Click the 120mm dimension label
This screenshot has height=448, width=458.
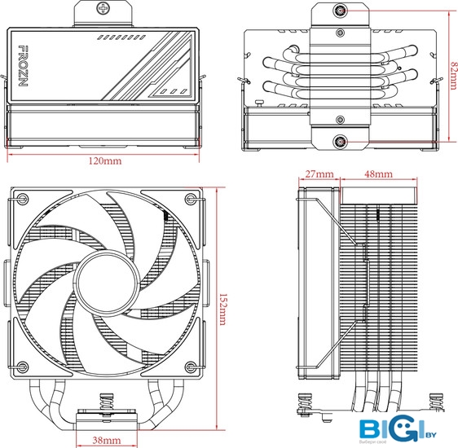tap(105, 160)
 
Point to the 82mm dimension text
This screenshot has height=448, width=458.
tap(454, 75)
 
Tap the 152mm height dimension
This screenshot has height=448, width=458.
tap(222, 310)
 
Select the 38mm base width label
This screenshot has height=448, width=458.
tap(106, 440)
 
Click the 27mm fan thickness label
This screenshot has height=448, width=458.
tap(319, 174)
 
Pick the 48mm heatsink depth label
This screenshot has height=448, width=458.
tap(379, 174)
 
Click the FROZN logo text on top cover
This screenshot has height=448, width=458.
tap(23, 66)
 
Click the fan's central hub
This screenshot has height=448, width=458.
tap(107, 283)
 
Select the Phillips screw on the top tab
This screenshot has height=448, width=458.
tap(103, 8)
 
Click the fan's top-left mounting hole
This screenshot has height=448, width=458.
tap(23, 199)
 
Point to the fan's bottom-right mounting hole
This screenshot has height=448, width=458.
tap(191, 367)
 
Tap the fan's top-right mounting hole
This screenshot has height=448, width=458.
tap(191, 199)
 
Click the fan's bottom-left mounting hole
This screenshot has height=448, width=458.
tap(23, 367)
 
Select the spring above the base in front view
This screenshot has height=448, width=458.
tap(106, 402)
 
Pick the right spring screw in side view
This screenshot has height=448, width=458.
tap(436, 402)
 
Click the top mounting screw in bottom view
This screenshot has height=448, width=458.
tap(340, 11)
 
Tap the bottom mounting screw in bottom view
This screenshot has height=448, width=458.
tap(340, 142)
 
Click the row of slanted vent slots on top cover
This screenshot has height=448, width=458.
tap(121, 37)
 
